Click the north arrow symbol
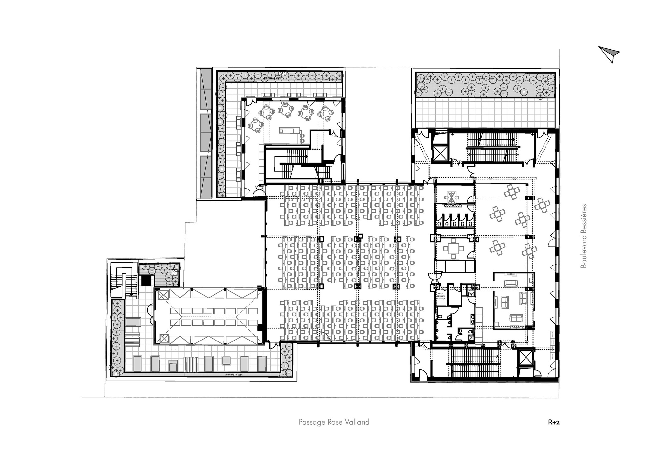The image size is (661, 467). [609, 54]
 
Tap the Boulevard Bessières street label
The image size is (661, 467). [584, 236]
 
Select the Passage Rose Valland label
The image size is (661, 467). [334, 422]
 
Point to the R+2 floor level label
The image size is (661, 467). [554, 422]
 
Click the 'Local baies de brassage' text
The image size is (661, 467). [441, 295]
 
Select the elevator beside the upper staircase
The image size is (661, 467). [440, 153]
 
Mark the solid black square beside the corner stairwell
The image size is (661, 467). [146, 280]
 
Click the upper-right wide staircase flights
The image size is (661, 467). [491, 147]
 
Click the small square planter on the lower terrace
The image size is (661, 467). [174, 273]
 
